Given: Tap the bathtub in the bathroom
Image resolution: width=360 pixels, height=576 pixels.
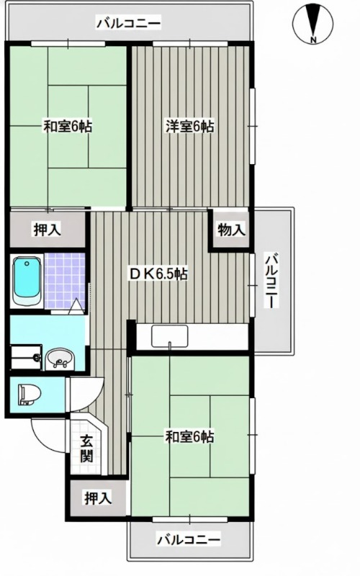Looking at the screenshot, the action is [26, 281].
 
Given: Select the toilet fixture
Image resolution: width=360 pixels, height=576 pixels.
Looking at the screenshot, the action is [30, 395].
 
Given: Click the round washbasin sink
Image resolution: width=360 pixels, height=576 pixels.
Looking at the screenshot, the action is [60, 359].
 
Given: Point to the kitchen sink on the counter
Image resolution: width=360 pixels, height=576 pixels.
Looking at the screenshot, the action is [169, 336].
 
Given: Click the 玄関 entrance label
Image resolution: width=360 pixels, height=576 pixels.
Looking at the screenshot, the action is [87, 449].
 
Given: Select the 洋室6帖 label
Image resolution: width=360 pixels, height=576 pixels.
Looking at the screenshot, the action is [189, 127].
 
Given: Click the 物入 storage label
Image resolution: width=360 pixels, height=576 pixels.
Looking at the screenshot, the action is [231, 230].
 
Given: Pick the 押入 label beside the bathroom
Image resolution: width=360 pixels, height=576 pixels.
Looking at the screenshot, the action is [48, 230].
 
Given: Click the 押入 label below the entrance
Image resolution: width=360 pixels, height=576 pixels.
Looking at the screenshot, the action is [98, 498].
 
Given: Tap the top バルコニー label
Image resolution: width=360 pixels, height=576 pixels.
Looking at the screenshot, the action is [129, 24].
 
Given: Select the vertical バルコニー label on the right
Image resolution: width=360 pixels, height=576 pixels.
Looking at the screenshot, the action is [272, 281].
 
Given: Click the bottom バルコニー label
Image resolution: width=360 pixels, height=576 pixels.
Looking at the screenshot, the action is [189, 540].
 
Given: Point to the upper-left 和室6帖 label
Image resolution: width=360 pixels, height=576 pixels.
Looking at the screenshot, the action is [68, 127].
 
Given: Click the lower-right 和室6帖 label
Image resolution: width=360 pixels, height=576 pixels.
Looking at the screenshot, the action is [189, 438].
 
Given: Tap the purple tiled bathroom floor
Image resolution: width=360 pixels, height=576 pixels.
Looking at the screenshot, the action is [64, 281].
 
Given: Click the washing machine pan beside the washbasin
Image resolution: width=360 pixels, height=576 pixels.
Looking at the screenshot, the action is [26, 357].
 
